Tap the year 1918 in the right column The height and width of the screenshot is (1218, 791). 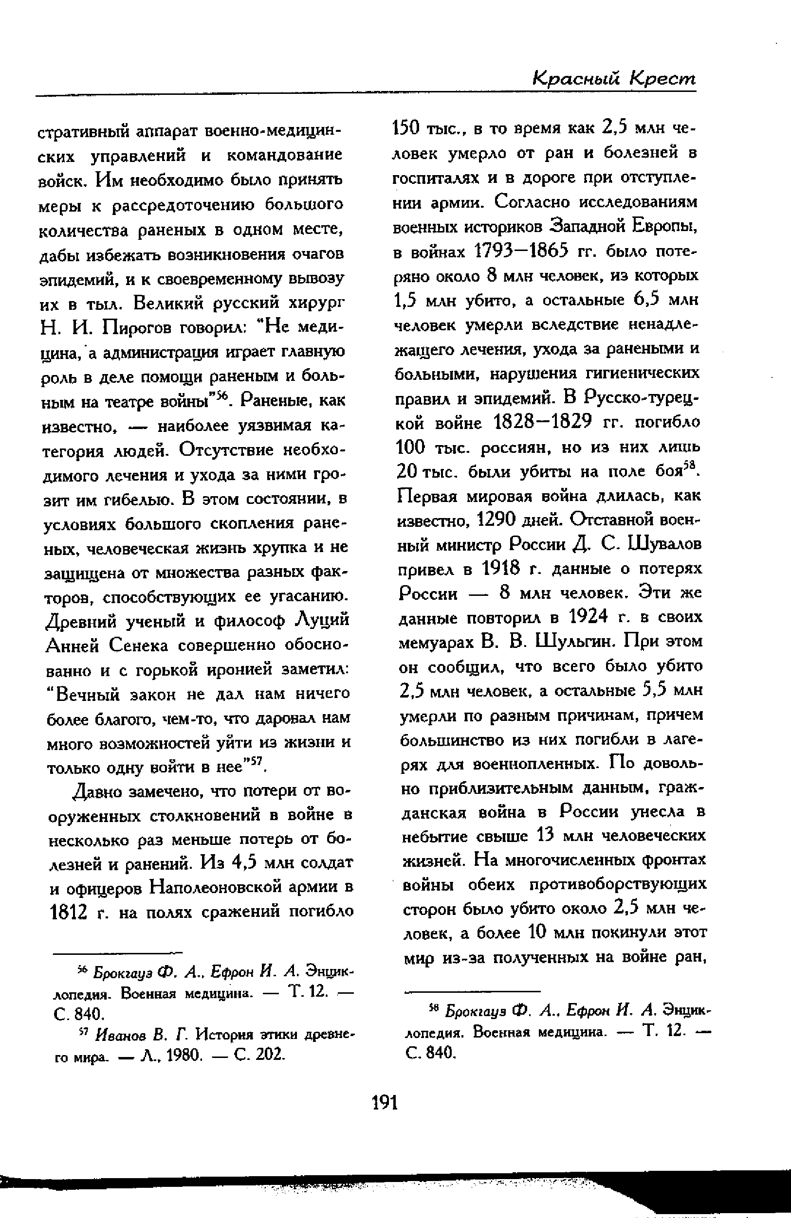pos(501,568)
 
